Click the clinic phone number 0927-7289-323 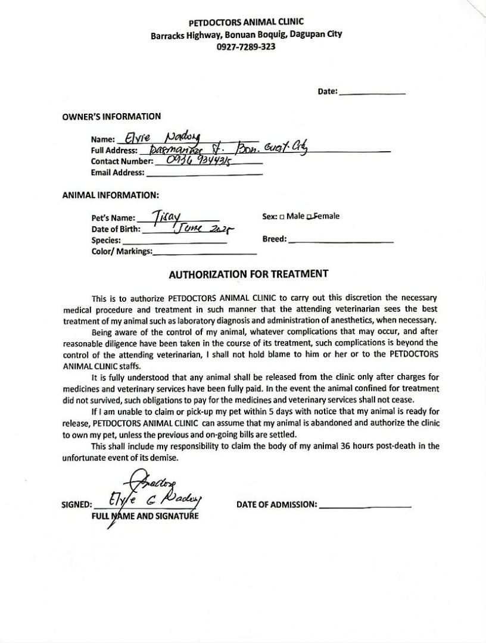(246, 47)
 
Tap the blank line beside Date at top (372, 93)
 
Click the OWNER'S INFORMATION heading (111, 117)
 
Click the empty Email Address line (204, 173)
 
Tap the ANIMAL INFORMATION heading (110, 195)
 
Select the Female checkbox (309, 217)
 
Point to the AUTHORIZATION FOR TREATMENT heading (248, 274)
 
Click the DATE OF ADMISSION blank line (365, 505)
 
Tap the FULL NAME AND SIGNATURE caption (145, 516)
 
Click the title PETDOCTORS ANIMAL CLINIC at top (246, 23)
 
